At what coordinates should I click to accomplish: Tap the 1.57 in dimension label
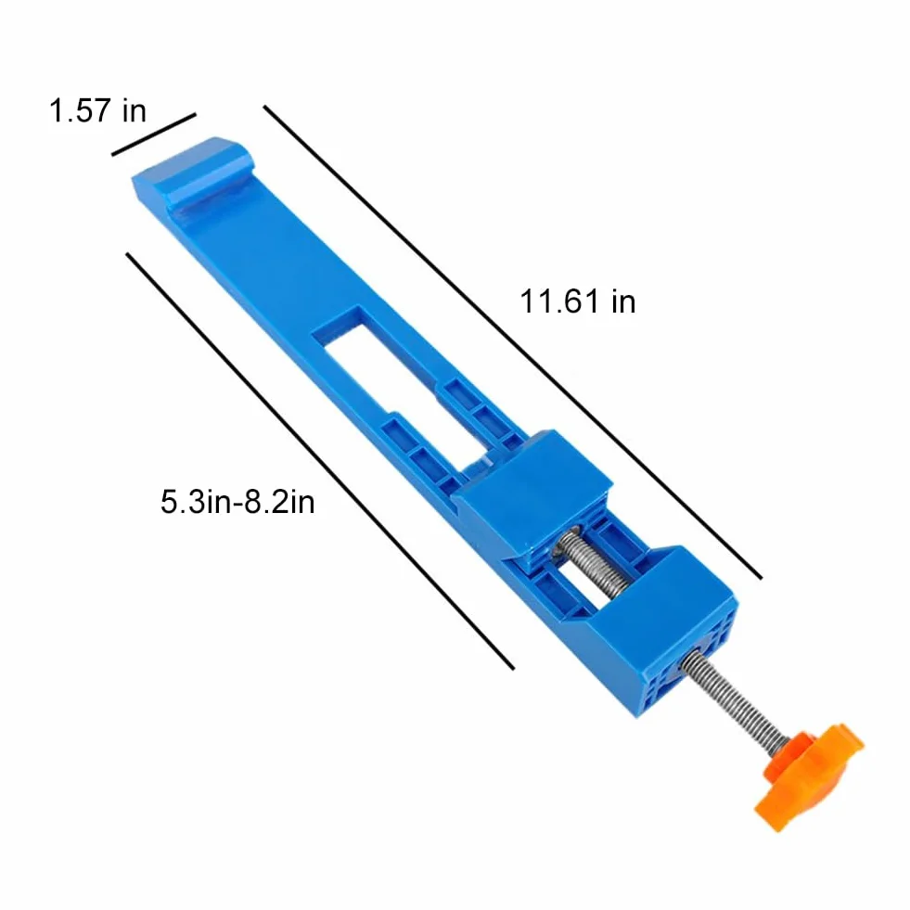pyautogui.click(x=97, y=110)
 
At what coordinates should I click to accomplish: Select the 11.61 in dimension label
pyautogui.click(x=578, y=301)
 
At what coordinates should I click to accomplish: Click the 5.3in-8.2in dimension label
pyautogui.click(x=238, y=502)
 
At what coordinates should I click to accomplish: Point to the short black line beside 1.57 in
pyautogui.click(x=154, y=135)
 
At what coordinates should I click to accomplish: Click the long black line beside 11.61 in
pyautogui.click(x=512, y=342)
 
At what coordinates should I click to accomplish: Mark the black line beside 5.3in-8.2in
pyautogui.click(x=320, y=461)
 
